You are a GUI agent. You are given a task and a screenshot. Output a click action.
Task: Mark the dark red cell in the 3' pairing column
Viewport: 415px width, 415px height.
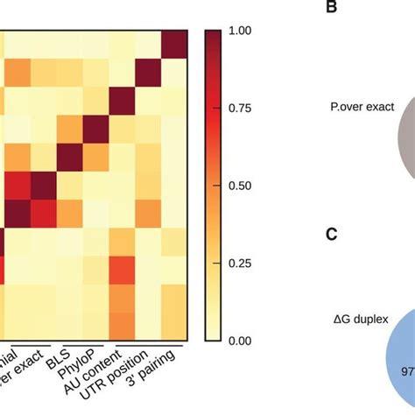click(x=174, y=41)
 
